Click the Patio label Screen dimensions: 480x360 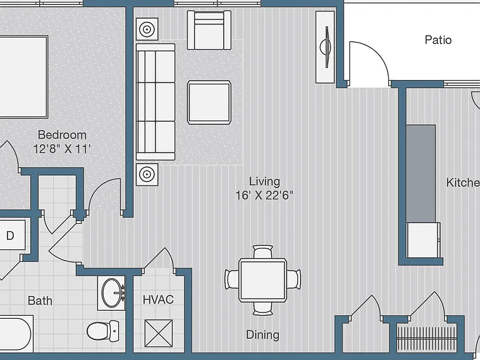[x=438, y=40]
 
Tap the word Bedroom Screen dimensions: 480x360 [x=62, y=135]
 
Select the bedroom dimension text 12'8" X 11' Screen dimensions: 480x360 [x=62, y=149]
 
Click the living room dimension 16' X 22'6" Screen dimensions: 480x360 [x=264, y=195]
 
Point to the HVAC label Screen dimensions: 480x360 [x=158, y=299]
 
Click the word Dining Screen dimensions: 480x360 [x=262, y=335]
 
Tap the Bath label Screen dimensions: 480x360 [x=40, y=301]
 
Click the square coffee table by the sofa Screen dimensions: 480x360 [x=209, y=102]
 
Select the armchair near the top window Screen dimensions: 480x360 [x=209, y=30]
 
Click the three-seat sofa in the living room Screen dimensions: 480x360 [x=156, y=102]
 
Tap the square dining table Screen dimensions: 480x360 [x=263, y=280]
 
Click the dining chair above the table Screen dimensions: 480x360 [x=263, y=252]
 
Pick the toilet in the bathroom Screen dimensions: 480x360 [x=103, y=331]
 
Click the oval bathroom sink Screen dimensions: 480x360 [x=112, y=293]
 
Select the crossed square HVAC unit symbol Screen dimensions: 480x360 [x=159, y=333]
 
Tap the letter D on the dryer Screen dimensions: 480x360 [x=10, y=236]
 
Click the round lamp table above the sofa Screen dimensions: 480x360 [x=147, y=29]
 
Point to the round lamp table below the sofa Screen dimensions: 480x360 [x=147, y=174]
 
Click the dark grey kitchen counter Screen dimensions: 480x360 [x=421, y=174]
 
